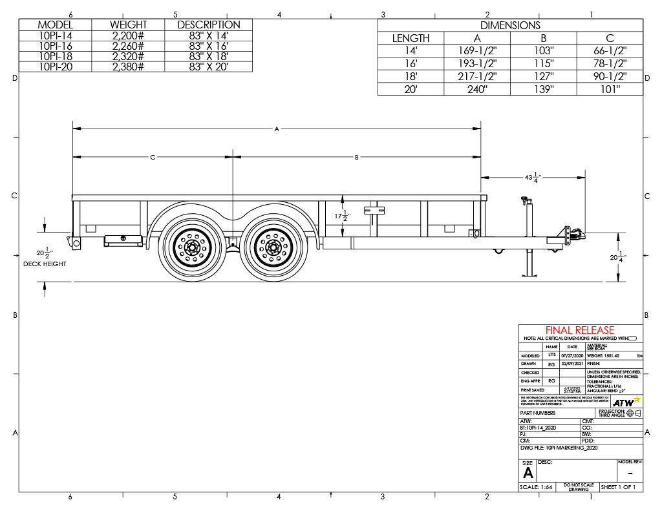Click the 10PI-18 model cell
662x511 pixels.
tap(55, 57)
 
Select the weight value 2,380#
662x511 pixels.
tap(128, 66)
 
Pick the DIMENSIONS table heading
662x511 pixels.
tap(510, 25)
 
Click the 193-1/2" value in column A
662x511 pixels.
tap(477, 64)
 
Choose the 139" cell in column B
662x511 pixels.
tap(543, 89)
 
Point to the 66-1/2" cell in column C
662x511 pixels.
tap(610, 51)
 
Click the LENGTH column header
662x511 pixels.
tap(411, 38)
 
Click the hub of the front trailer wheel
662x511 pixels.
tap(271, 247)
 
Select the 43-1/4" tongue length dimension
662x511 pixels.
tap(531, 176)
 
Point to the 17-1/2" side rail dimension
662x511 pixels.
tap(345, 216)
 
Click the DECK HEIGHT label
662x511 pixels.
tap(45, 264)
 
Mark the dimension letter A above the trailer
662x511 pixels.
tap(276, 129)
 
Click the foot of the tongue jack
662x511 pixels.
tap(531, 275)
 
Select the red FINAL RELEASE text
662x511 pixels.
tap(580, 330)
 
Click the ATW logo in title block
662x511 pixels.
tap(626, 402)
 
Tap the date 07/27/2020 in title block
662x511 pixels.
tap(572, 356)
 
